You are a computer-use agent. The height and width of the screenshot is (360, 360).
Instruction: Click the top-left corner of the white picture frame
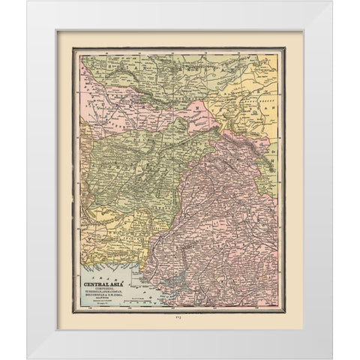(x=27, y=1)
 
